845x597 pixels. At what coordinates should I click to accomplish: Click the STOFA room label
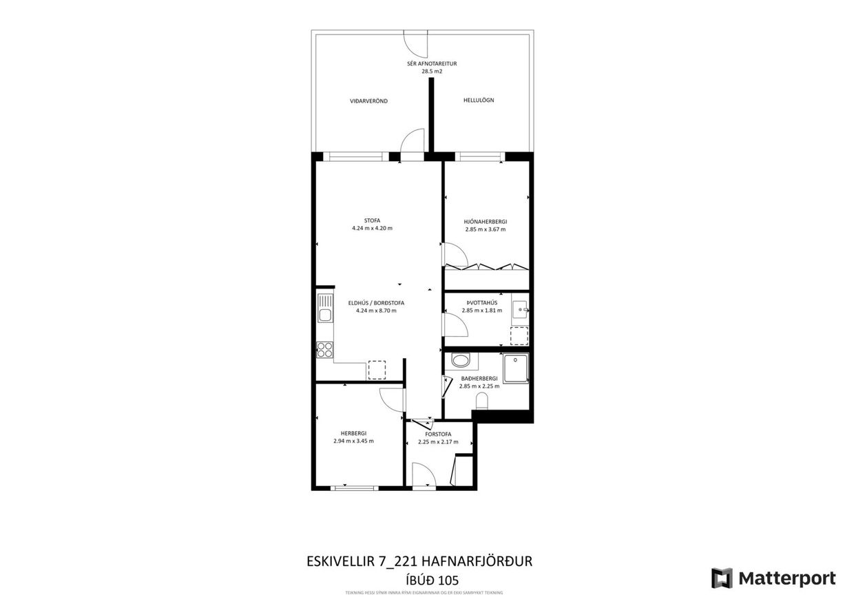pos(372,220)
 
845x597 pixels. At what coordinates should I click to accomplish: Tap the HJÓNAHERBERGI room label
pos(486,221)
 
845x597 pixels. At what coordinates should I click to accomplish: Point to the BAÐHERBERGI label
pos(479,379)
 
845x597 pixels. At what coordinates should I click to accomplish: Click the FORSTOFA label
pos(438,434)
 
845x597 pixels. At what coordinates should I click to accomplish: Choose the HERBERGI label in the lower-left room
pos(353,433)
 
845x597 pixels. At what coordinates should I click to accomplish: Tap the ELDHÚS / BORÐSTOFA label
pos(376,302)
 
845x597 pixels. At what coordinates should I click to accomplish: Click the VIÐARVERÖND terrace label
pos(368,101)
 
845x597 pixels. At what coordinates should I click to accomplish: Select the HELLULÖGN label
pos(479,101)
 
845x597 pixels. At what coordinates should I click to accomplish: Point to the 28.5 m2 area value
pos(432,71)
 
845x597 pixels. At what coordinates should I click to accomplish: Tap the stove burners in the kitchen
pos(325,349)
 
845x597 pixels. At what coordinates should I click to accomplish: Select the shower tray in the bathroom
pos(516,368)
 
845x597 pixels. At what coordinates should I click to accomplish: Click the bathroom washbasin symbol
pos(460,360)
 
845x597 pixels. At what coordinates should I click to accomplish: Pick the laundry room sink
pos(520,307)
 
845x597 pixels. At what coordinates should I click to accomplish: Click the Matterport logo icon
pos(722,578)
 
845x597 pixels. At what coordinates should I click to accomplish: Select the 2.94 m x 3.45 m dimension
pos(353,441)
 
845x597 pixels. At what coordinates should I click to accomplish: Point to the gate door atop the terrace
pos(416,43)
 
